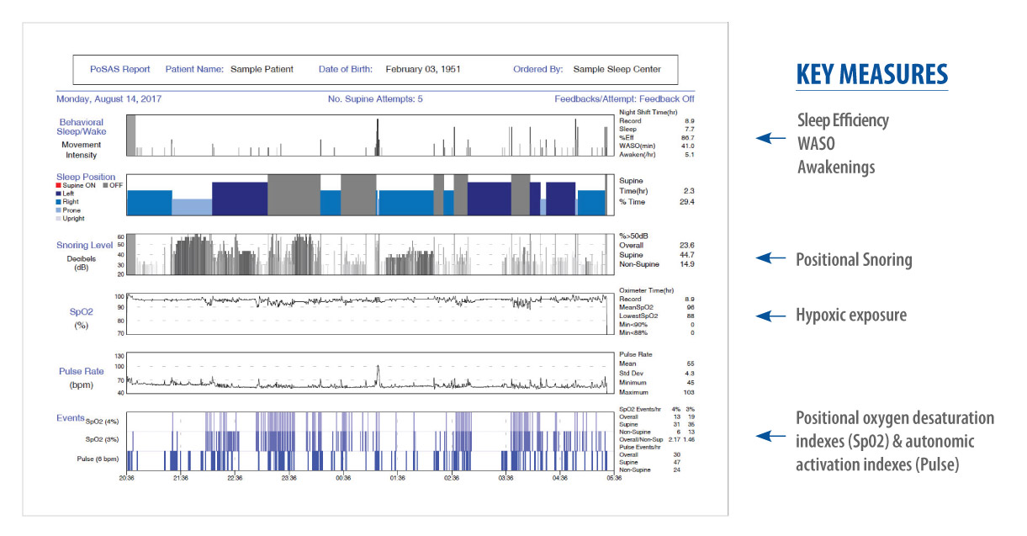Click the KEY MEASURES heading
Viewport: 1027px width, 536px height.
click(871, 74)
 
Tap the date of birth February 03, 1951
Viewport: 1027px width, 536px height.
click(422, 69)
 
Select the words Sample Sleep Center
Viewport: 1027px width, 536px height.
click(617, 69)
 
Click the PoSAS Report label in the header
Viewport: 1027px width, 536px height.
click(114, 69)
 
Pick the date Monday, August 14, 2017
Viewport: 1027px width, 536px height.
click(109, 98)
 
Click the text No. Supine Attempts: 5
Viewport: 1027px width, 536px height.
click(375, 98)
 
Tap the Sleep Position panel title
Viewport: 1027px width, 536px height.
click(86, 178)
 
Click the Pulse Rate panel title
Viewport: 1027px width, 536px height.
click(82, 370)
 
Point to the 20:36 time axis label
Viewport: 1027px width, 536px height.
click(127, 478)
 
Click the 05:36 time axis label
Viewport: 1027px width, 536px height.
click(613, 478)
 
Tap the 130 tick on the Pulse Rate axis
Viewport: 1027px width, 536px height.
click(119, 356)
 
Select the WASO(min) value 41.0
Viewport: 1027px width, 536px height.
click(687, 146)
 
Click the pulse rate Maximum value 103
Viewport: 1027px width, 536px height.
click(689, 392)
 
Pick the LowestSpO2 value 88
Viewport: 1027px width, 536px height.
click(690, 316)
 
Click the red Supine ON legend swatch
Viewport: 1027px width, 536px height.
click(60, 185)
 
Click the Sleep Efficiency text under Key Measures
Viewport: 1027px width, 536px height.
click(842, 120)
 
